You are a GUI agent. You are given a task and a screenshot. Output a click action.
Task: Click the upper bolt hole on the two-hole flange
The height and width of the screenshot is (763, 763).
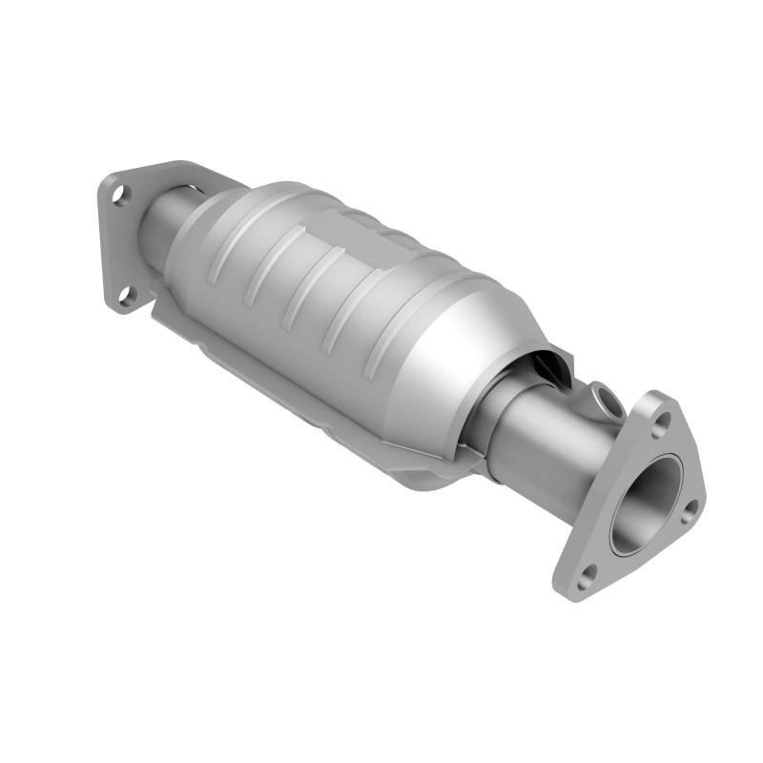point(118,196)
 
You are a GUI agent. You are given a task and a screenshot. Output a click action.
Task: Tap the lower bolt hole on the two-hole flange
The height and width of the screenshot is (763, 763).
point(126,297)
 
